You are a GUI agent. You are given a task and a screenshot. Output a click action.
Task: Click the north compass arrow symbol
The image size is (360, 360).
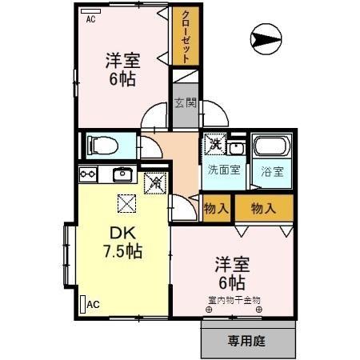(x=266, y=36)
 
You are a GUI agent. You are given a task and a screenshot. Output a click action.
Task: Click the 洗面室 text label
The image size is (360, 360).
(x=222, y=170)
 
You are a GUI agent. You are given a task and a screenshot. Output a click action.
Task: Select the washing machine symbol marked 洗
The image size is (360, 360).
(x=215, y=145)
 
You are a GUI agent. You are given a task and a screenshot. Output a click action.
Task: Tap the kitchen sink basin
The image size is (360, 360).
(x=122, y=175)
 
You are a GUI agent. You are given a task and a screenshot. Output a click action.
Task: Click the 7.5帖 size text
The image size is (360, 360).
(x=122, y=251)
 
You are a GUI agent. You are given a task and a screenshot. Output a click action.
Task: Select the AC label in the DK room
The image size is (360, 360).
(x=93, y=304)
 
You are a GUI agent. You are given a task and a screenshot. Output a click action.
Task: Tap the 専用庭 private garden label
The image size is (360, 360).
(x=245, y=340)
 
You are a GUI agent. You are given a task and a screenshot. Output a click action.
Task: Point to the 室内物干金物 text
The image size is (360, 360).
(x=234, y=300)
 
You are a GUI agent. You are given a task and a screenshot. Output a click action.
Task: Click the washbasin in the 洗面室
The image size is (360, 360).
(x=236, y=148)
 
